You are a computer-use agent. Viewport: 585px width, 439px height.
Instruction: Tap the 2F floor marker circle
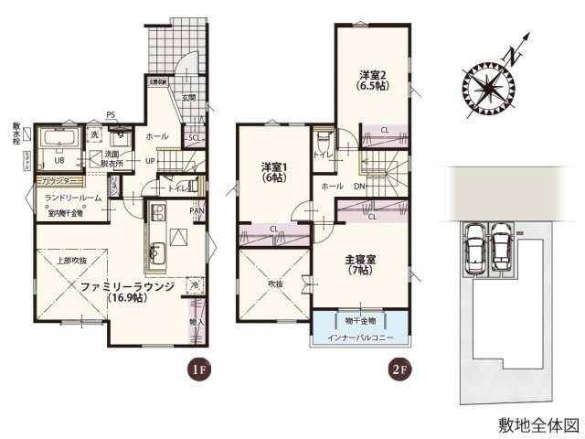point(398,370)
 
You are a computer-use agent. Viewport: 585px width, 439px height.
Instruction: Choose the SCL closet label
point(194,138)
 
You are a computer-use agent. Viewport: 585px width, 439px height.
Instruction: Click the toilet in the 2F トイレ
point(323,142)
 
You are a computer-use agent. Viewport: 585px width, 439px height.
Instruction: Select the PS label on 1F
point(110,114)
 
